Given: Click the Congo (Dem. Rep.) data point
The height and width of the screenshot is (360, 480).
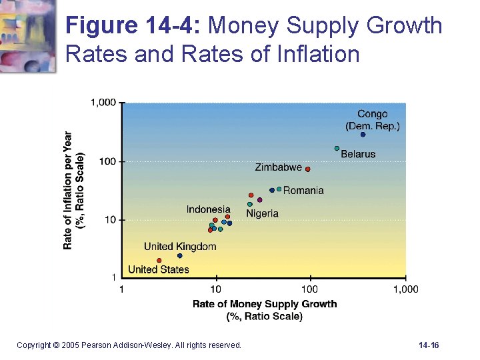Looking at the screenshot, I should tap(363, 135).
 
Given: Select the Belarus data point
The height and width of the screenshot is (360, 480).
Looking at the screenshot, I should tap(337, 148).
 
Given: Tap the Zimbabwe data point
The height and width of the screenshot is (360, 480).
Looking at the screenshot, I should tap(307, 169).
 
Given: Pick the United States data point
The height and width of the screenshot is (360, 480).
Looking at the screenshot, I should tap(159, 261).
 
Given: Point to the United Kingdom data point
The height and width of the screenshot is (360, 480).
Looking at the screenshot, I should tap(179, 255).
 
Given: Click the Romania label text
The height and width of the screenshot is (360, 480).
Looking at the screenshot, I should tap(303, 191).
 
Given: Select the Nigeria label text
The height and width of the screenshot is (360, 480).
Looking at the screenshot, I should tap(262, 213).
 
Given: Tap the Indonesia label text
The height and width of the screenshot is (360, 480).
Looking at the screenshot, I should tap(208, 209).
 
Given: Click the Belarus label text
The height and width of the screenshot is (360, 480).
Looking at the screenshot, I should tap(358, 154).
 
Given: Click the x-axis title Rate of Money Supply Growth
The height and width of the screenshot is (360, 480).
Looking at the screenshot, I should tap(265, 304).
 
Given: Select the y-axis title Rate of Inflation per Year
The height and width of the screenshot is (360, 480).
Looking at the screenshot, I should tap(68, 190).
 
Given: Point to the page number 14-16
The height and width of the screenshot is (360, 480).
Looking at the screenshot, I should tap(429, 345).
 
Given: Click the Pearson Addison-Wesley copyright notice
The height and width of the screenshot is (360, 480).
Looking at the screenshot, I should tap(129, 345).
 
